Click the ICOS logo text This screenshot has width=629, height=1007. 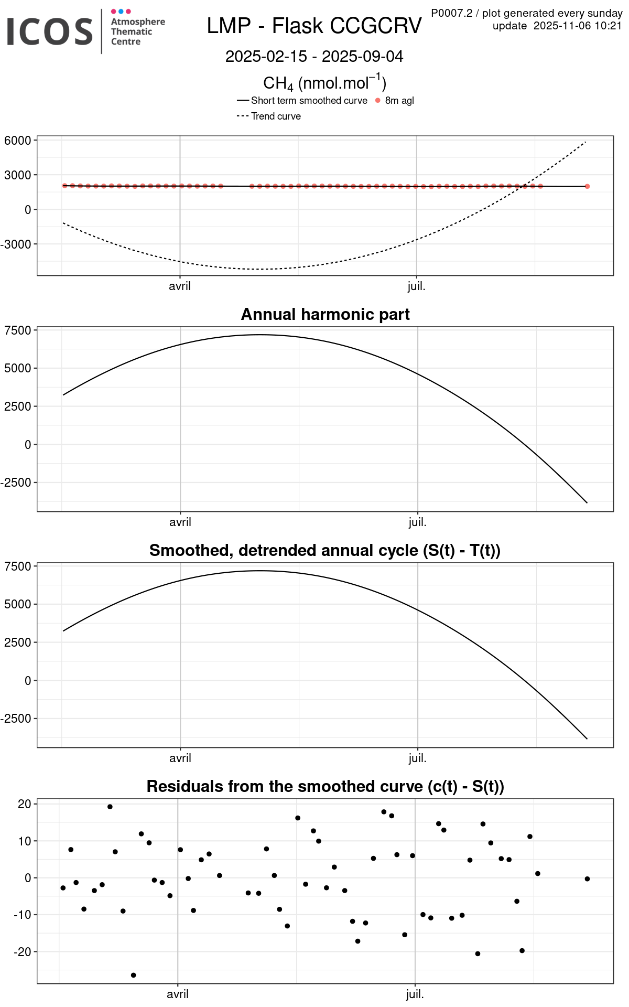click(x=50, y=31)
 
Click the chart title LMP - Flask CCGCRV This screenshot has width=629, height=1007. click(x=314, y=26)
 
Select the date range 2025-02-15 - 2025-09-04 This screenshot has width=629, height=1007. click(x=314, y=57)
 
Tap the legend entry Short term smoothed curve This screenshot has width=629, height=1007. click(x=309, y=101)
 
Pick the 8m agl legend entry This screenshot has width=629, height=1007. click(x=399, y=101)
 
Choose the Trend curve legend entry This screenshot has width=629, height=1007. click(x=276, y=116)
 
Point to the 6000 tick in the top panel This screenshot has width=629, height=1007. click(x=18, y=141)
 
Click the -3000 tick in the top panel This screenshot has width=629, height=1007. click(x=16, y=244)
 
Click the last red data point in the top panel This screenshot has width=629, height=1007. click(x=587, y=186)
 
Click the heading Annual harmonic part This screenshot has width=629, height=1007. click(x=325, y=314)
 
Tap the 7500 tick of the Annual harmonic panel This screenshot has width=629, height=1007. click(x=18, y=330)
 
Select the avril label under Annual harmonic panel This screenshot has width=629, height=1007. click(x=180, y=522)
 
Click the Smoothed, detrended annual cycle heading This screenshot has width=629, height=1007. click(x=325, y=550)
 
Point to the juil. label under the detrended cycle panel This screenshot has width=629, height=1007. click(x=417, y=758)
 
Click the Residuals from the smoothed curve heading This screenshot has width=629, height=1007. click(x=325, y=786)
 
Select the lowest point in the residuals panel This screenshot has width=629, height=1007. click(x=134, y=975)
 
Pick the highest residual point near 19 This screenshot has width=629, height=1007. click(x=110, y=807)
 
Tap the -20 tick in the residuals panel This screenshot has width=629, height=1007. click(x=23, y=951)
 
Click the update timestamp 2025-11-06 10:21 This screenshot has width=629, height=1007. click(x=577, y=26)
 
